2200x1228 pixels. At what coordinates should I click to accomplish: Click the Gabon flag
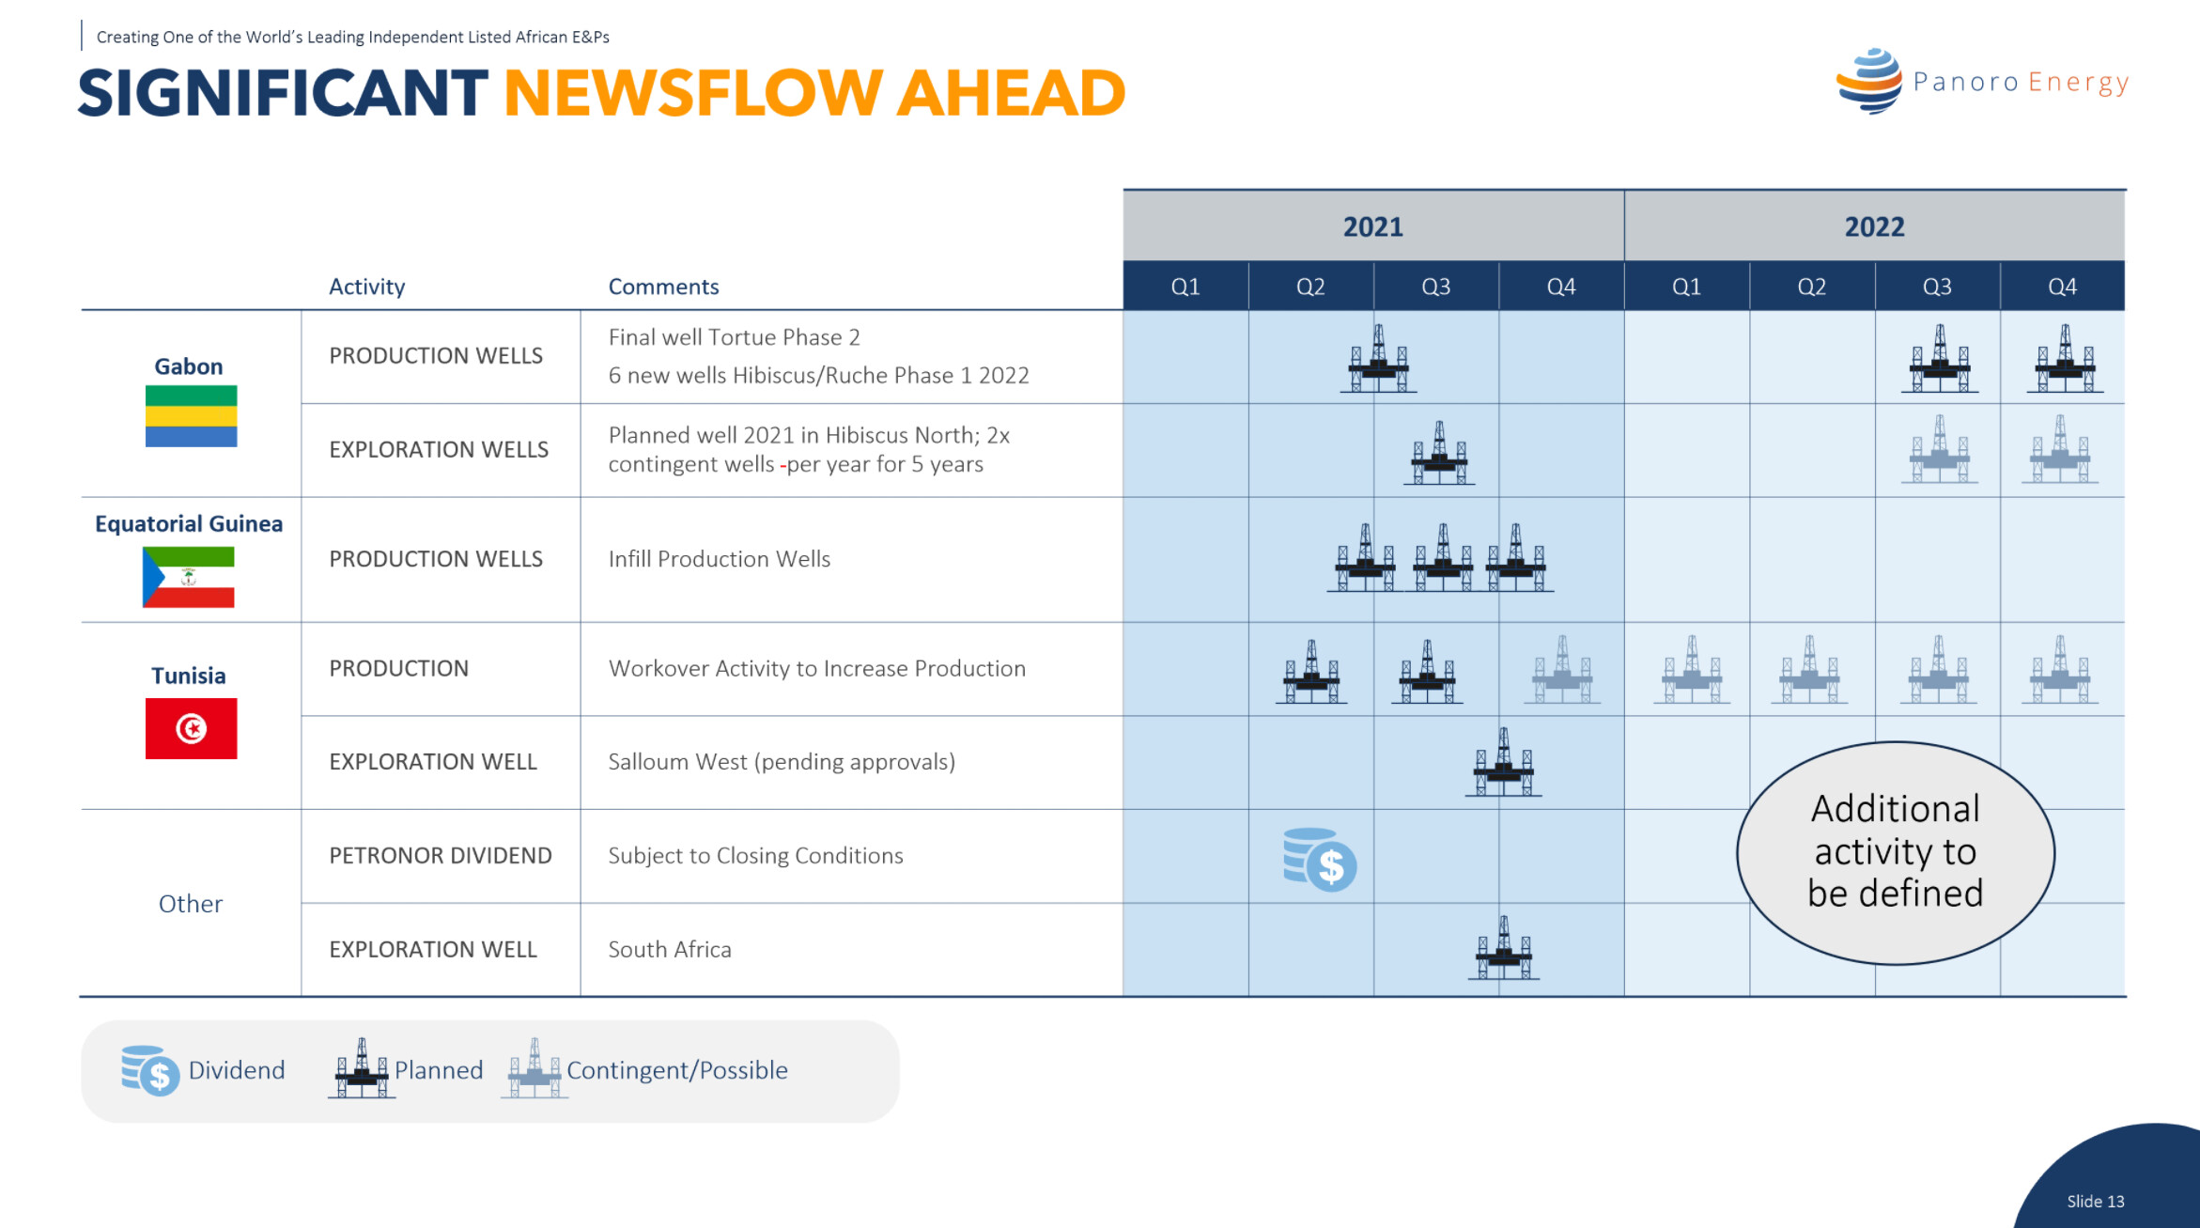(x=191, y=416)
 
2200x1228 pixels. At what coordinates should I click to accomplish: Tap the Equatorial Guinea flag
(x=189, y=577)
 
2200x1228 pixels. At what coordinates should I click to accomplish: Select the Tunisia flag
(x=191, y=728)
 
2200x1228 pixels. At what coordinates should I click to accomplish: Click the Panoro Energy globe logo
(x=1869, y=82)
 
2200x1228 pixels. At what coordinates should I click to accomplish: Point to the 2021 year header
(x=1373, y=226)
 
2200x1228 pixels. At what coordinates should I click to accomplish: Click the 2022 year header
(x=1875, y=226)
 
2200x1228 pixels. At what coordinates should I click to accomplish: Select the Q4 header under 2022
(x=2063, y=287)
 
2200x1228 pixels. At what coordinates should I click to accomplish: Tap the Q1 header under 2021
(x=1185, y=287)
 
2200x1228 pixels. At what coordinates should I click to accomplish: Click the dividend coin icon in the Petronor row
(x=1320, y=860)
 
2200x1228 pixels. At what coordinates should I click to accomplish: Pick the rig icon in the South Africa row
(x=1504, y=949)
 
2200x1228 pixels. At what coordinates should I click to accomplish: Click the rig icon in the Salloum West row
(x=1504, y=762)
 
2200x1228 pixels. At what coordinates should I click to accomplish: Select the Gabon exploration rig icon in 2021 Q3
(x=1439, y=454)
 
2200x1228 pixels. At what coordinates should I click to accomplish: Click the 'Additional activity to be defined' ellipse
(x=1896, y=853)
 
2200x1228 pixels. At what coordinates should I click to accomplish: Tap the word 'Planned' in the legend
(x=439, y=1070)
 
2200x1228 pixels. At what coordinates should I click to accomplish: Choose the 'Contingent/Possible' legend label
(x=677, y=1071)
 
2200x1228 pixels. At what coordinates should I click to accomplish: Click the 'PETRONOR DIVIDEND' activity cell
(x=441, y=856)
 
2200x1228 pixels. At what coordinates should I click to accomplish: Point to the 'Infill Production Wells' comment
(x=720, y=559)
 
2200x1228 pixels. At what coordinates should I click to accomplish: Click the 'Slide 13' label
(x=2096, y=1202)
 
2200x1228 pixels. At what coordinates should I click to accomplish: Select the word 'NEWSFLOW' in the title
(x=691, y=93)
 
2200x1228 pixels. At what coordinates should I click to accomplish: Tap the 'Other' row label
(x=191, y=904)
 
